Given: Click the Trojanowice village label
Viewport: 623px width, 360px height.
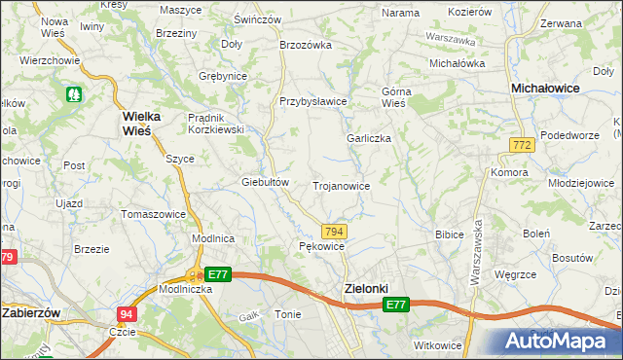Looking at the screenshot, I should pyautogui.click(x=341, y=185).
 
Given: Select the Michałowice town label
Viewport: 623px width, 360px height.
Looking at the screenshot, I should pyautogui.click(x=547, y=89).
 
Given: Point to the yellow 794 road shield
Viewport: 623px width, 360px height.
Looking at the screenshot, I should pyautogui.click(x=334, y=231).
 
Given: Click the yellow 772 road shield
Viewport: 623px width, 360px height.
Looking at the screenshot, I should pyautogui.click(x=521, y=144).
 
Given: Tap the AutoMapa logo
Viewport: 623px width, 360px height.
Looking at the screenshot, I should pyautogui.click(x=559, y=342).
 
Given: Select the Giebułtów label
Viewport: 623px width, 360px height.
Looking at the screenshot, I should pyautogui.click(x=266, y=182).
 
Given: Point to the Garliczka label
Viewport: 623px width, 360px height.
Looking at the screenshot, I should pyautogui.click(x=369, y=138).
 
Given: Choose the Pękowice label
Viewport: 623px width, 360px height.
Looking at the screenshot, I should pyautogui.click(x=321, y=246).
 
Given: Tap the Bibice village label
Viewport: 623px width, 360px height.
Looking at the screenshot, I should pyautogui.click(x=449, y=234).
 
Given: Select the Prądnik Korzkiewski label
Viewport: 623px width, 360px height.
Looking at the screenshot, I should pyautogui.click(x=215, y=124).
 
